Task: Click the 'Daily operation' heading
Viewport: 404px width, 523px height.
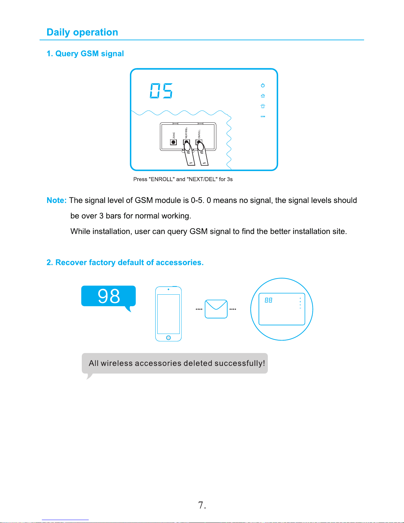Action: [x=82, y=32]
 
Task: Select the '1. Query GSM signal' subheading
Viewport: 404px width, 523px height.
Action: [x=85, y=54]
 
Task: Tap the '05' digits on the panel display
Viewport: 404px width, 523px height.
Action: [x=161, y=91]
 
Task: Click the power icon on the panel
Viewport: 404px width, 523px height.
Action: [x=263, y=85]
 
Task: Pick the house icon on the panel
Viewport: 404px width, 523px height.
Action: [x=263, y=96]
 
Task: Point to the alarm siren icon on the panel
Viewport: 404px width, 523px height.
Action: [x=263, y=106]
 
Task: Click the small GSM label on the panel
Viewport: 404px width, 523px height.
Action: [x=263, y=116]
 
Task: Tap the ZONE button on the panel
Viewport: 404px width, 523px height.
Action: [x=173, y=142]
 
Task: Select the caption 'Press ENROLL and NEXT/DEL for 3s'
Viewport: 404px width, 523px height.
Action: [x=183, y=179]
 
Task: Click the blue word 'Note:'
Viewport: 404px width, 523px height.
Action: [x=56, y=200]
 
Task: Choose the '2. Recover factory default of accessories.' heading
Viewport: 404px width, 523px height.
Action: [x=125, y=263]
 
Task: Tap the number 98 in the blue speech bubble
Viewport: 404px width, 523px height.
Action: [x=109, y=296]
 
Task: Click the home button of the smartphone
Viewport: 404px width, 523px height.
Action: [x=169, y=338]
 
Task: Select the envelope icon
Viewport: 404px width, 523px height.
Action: [x=216, y=309]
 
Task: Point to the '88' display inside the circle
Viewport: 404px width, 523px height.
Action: [x=268, y=300]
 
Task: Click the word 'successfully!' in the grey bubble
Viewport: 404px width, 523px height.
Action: [x=239, y=363]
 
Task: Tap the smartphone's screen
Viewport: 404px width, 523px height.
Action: [x=169, y=313]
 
